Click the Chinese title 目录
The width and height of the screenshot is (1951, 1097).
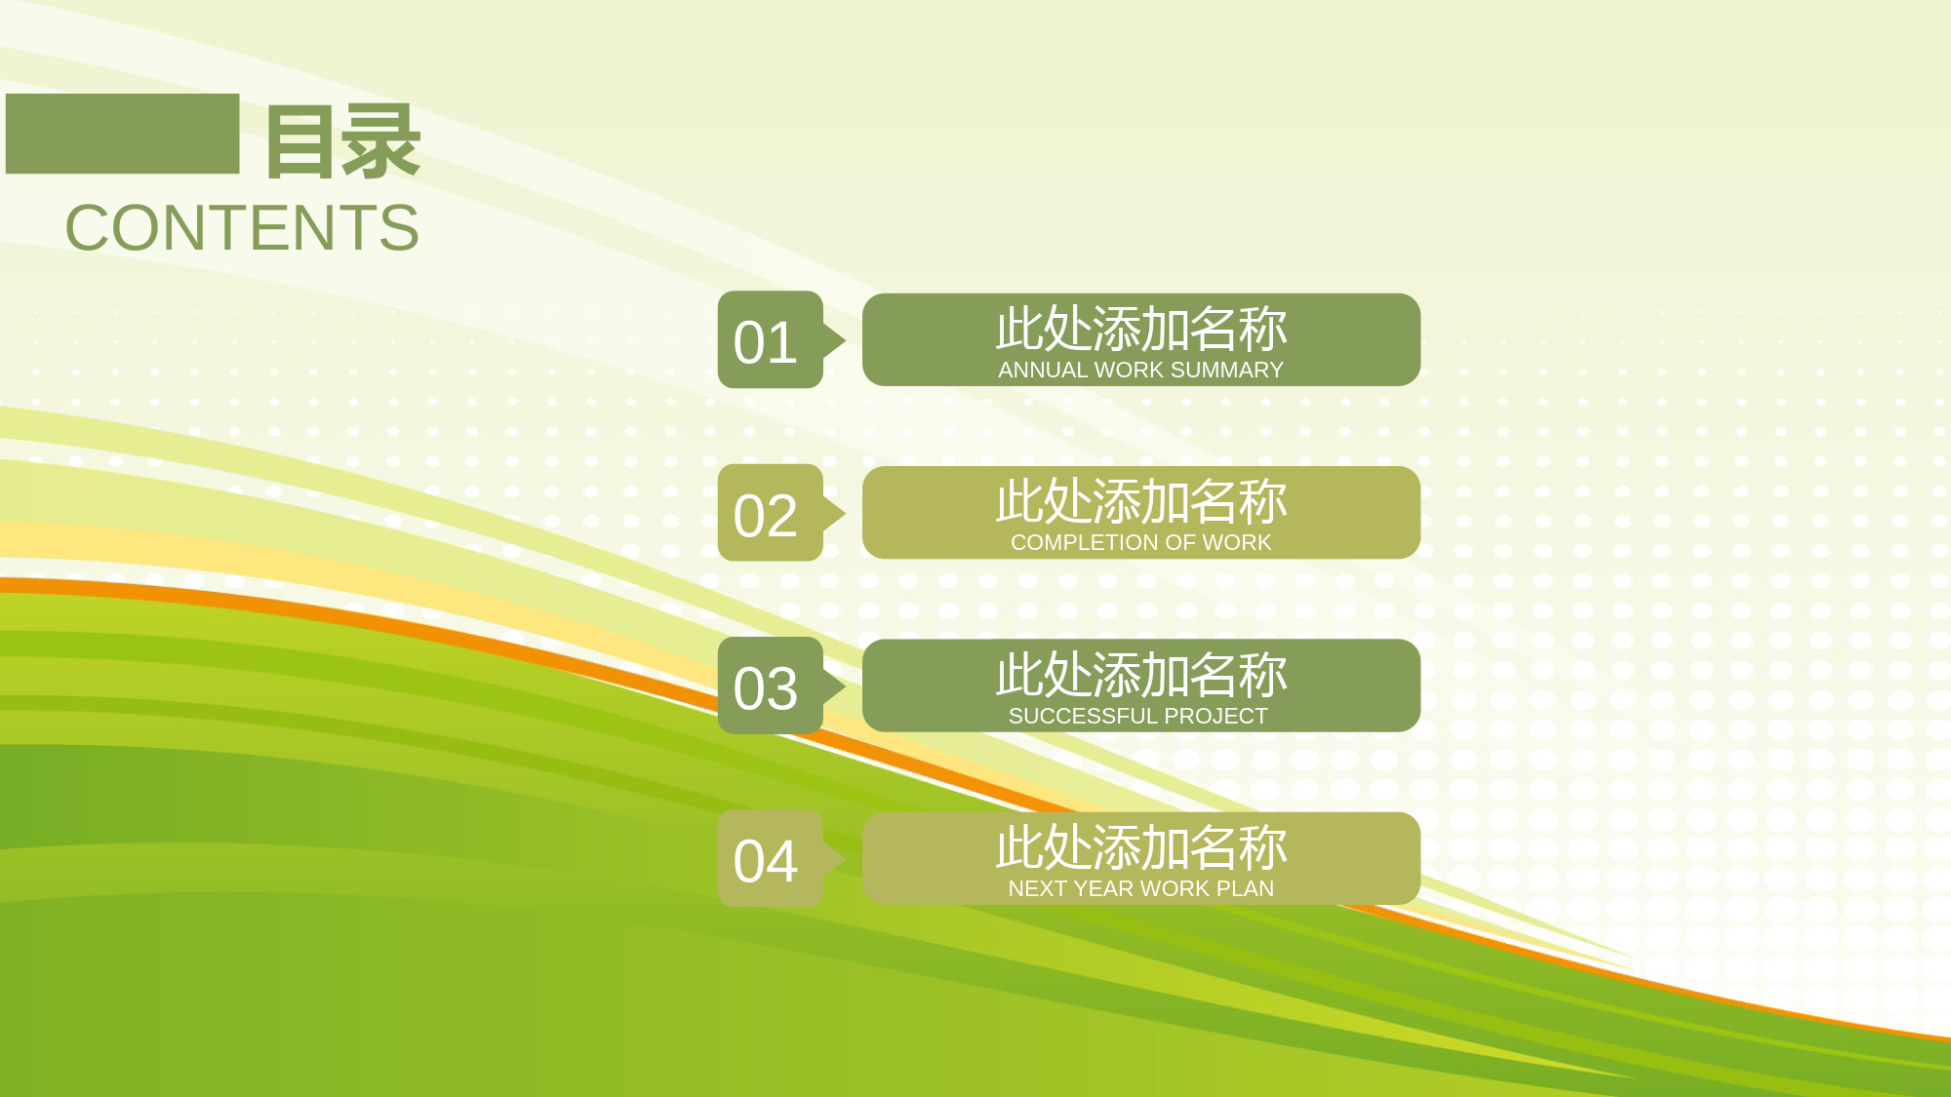coord(343,141)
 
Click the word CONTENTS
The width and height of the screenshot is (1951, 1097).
coord(242,228)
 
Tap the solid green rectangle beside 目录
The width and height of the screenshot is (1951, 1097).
coord(122,134)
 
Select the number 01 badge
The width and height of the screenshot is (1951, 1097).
coord(771,339)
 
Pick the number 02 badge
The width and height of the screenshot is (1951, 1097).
coord(771,513)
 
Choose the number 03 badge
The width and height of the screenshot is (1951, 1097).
coord(771,686)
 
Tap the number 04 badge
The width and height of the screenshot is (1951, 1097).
coord(771,858)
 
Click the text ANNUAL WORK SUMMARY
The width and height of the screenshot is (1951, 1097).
coord(1140,371)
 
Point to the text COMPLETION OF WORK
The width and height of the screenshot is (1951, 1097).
coord(1140,543)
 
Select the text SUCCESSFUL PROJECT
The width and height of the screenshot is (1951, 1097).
coord(1138,716)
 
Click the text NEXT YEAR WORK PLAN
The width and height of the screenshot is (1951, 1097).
coord(1140,888)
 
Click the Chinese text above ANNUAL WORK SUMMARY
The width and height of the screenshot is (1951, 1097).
coord(1141,329)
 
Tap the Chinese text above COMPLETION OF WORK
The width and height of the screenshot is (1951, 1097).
coord(1141,501)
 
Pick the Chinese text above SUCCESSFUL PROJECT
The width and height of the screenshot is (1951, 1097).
coord(1141,675)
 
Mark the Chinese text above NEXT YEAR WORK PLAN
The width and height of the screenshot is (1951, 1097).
coord(1141,847)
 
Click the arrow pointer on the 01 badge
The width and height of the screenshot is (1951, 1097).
coord(834,340)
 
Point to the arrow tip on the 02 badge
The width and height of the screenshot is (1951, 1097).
coord(846,513)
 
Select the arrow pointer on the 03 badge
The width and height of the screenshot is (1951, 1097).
coord(834,686)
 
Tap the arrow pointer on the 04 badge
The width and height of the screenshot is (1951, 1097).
coord(834,858)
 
